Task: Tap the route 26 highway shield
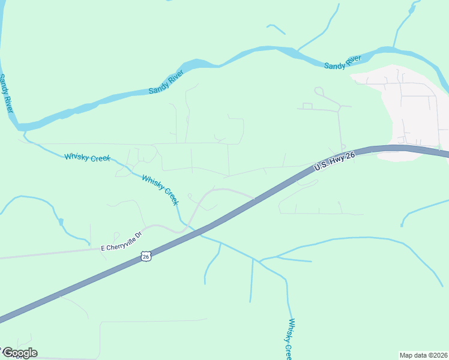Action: click(x=146, y=256)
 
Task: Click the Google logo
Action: click(x=19, y=353)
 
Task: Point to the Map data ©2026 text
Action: click(x=423, y=355)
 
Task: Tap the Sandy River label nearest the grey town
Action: click(x=342, y=62)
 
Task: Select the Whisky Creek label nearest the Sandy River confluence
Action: click(x=87, y=158)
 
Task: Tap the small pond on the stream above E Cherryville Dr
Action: click(x=61, y=222)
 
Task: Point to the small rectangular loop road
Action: click(x=307, y=106)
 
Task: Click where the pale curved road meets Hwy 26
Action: click(x=256, y=197)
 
